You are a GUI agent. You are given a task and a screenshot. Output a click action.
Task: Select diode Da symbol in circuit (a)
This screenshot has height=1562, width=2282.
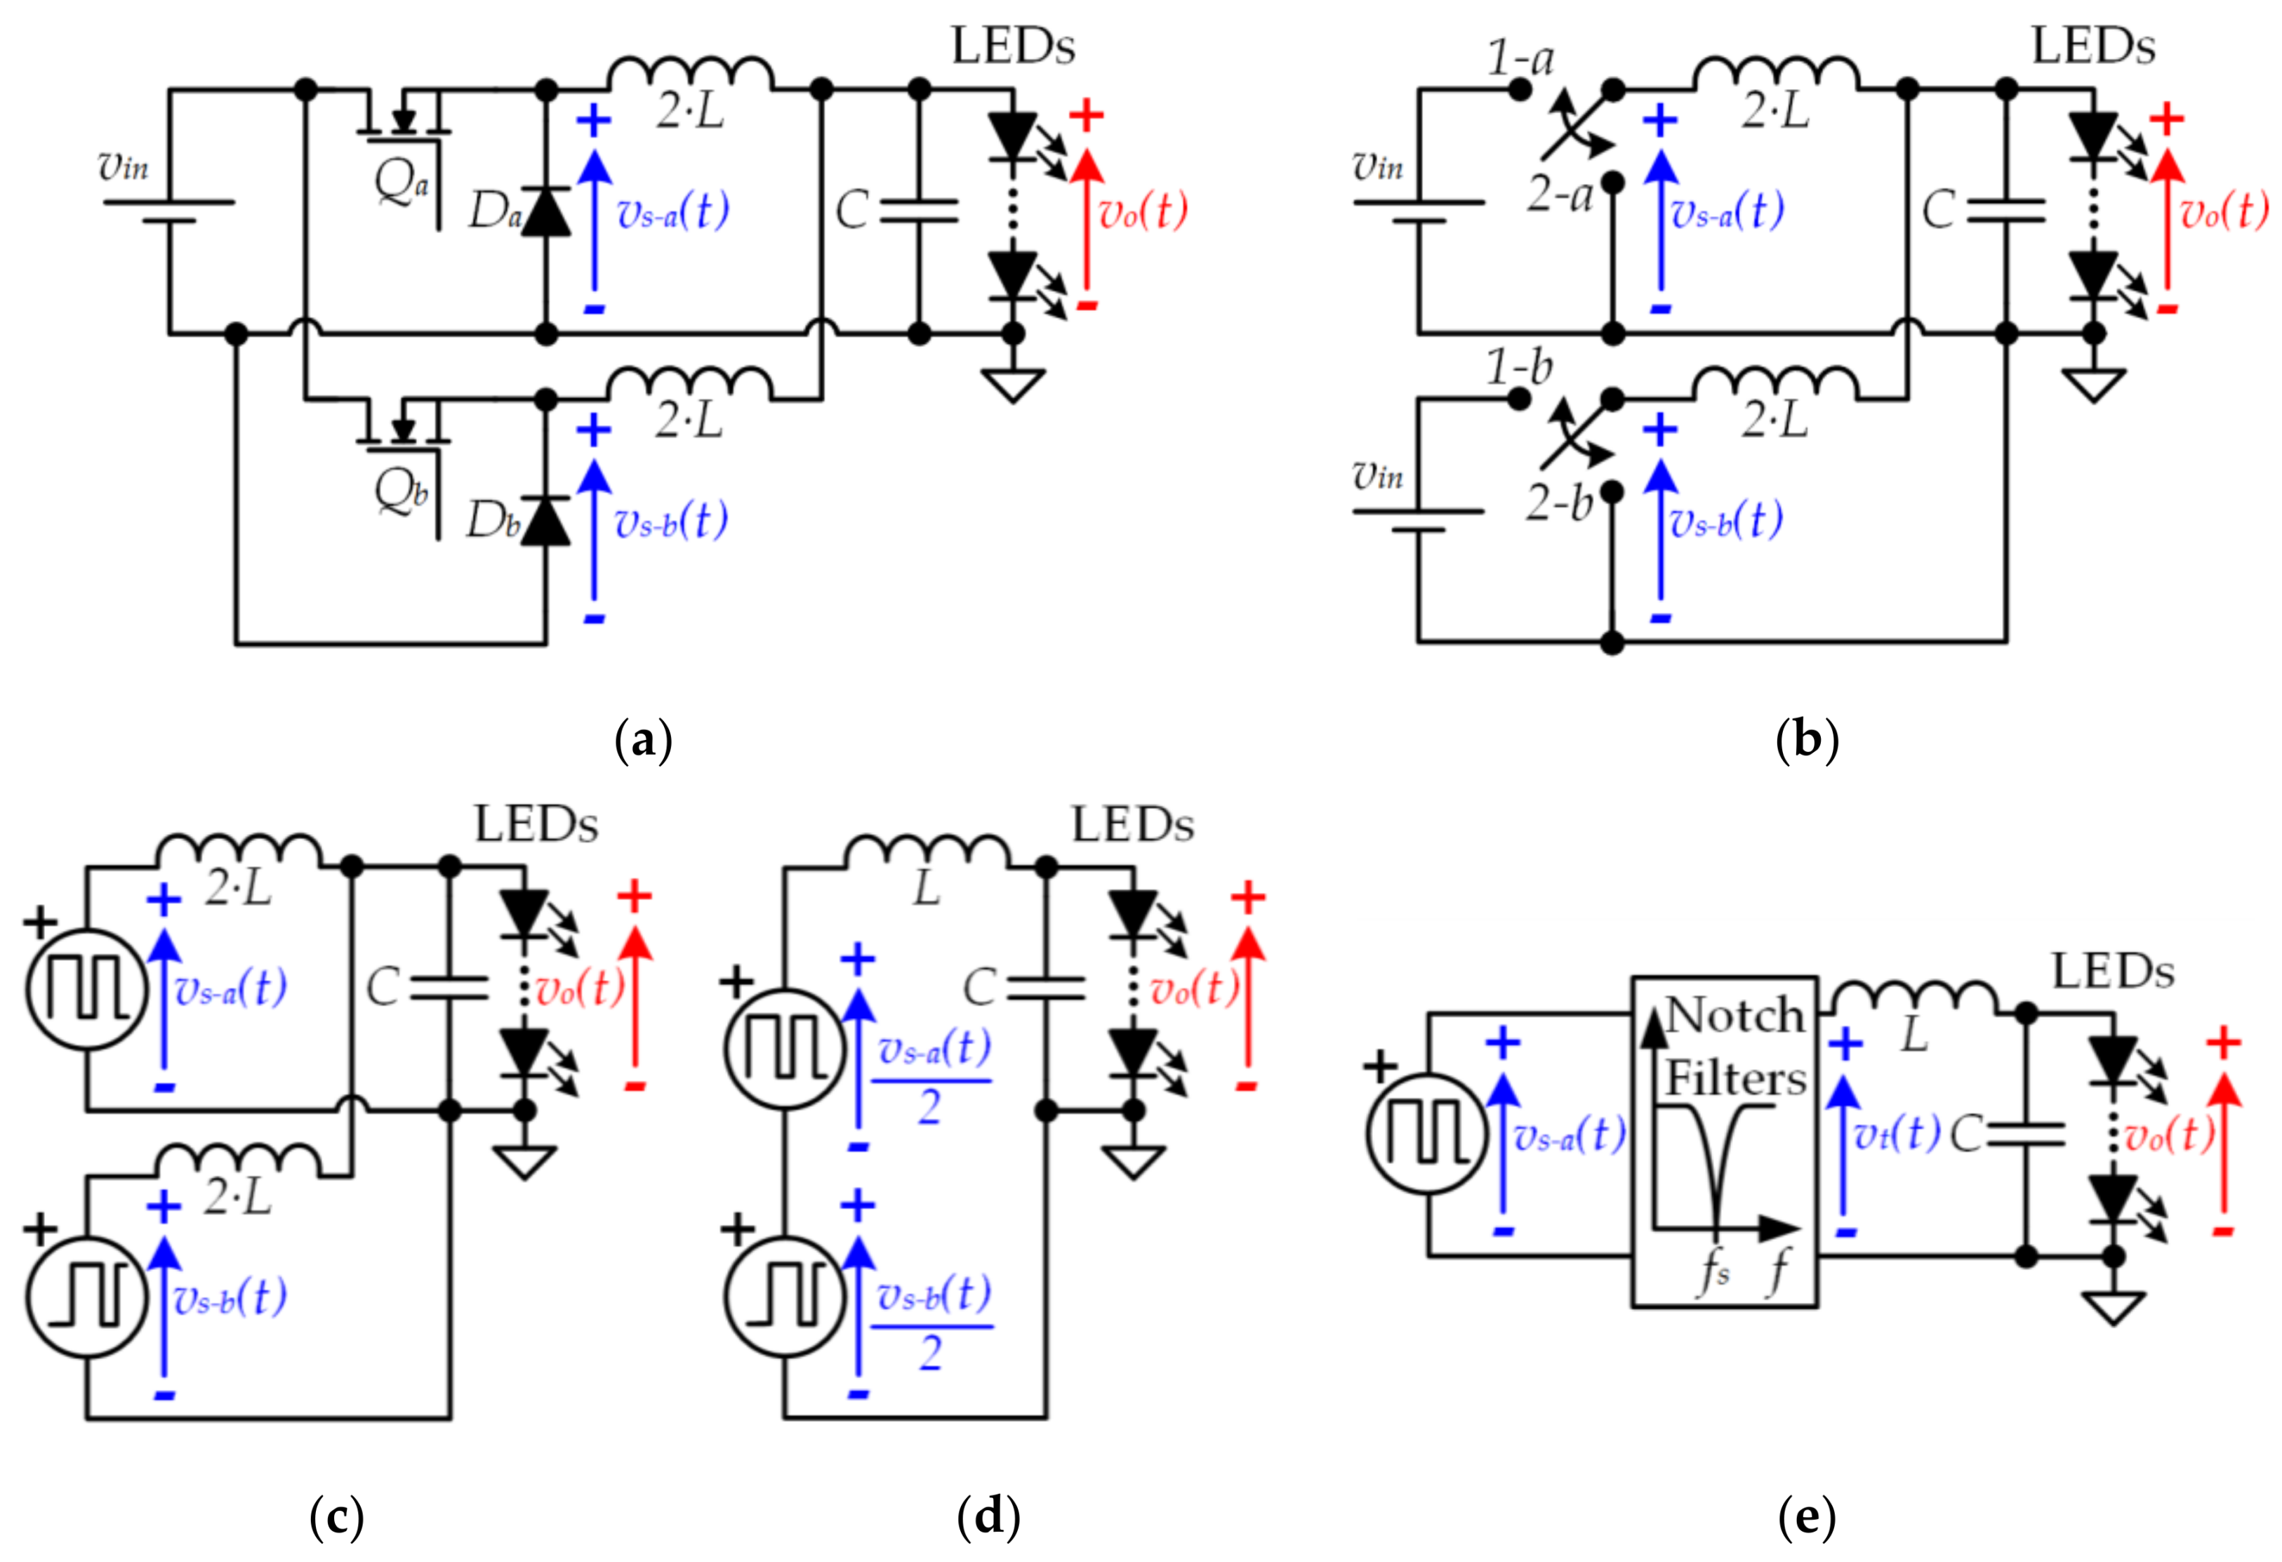[x=546, y=212]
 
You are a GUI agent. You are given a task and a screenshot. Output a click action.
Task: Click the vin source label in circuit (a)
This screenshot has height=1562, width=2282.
[x=124, y=167]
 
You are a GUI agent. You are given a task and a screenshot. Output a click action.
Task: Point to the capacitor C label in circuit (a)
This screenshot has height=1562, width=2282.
[x=850, y=210]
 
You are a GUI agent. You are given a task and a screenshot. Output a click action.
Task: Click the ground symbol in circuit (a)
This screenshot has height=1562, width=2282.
[x=1012, y=384]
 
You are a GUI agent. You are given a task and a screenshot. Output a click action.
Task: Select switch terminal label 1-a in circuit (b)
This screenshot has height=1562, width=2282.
[x=1520, y=59]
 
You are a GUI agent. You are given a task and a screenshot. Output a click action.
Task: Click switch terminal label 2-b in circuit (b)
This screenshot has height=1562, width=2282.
[x=1558, y=503]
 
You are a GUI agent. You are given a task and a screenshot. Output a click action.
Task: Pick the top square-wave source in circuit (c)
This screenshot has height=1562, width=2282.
[x=86, y=988]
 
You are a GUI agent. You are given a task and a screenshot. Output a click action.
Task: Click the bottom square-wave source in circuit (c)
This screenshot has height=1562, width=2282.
[x=86, y=1297]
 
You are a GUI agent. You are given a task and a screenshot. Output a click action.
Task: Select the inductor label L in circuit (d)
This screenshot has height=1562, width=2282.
[x=926, y=889]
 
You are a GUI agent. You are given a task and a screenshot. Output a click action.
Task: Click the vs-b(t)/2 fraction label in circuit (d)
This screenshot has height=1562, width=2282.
[x=932, y=1321]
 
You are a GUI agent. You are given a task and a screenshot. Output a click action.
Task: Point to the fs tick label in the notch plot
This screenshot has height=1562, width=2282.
[x=1714, y=1271]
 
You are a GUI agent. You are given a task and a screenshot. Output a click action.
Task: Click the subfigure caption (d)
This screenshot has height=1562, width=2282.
[x=988, y=1516]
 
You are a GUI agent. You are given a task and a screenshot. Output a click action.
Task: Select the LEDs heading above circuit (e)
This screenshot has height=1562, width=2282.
[x=2113, y=972]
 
